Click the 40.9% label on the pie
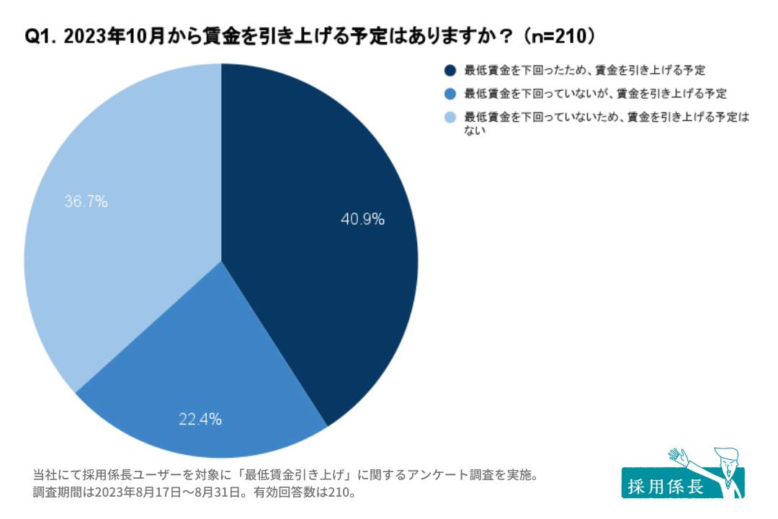(x=362, y=219)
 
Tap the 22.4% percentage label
(x=200, y=418)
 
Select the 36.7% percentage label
(x=86, y=202)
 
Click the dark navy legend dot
(x=450, y=71)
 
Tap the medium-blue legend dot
(x=450, y=94)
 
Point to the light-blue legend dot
(x=450, y=117)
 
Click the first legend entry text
(x=584, y=71)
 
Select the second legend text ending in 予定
(x=595, y=94)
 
